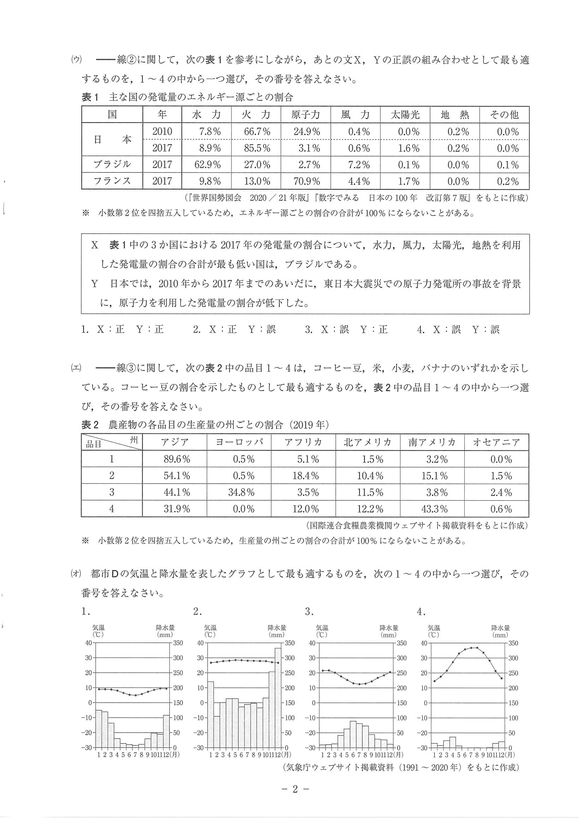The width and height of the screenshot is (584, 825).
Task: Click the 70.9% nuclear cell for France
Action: coord(306,181)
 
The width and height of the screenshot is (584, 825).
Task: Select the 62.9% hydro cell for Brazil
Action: coord(207,165)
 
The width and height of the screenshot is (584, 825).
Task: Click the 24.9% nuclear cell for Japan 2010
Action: coord(306,132)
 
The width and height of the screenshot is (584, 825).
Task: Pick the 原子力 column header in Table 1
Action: coord(305,115)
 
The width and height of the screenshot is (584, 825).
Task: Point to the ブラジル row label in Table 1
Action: coord(112,165)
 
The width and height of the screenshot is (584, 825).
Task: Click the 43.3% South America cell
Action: coord(436,509)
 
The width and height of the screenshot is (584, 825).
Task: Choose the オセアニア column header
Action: coord(496,442)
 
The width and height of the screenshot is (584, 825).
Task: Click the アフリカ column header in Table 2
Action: coord(303,442)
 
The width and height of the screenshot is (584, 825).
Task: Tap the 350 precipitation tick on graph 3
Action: coord(401,643)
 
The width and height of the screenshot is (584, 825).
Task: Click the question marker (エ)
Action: coord(76,368)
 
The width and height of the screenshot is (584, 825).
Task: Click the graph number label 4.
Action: coord(421,611)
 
